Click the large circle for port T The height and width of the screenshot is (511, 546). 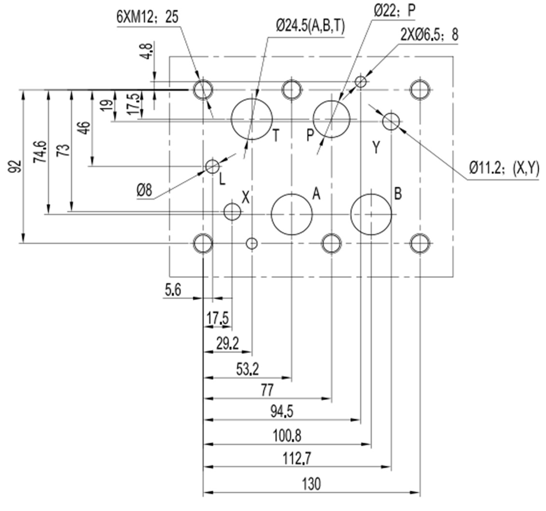(x=252, y=119)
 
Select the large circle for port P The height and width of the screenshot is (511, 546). (x=332, y=119)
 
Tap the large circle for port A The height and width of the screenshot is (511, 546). (x=292, y=214)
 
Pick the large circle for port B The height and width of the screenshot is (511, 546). (x=371, y=214)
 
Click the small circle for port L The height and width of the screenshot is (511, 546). (x=212, y=166)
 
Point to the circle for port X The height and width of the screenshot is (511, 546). (x=233, y=211)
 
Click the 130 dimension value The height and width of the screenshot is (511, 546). (x=311, y=483)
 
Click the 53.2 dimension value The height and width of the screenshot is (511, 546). (x=247, y=370)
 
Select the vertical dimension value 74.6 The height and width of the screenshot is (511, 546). (x=41, y=151)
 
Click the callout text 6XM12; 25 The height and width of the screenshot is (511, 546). (x=147, y=17)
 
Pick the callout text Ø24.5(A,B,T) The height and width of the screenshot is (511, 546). (x=310, y=27)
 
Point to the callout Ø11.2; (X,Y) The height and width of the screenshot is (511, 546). (x=504, y=168)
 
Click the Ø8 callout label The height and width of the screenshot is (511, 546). (x=144, y=190)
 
